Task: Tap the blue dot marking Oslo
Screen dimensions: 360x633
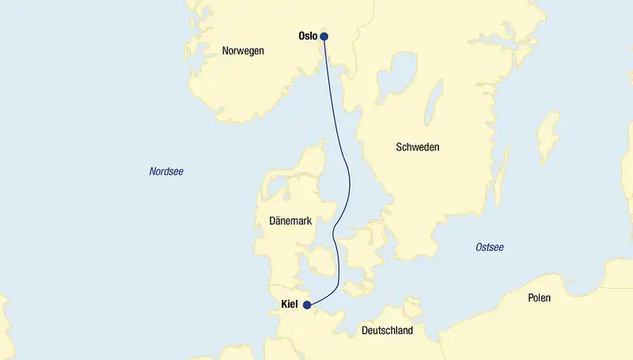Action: [x=324, y=36]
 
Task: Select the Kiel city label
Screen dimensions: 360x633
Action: [x=290, y=304]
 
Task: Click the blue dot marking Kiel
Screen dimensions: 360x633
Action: [x=307, y=304]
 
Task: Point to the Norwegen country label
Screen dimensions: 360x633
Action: [x=243, y=51]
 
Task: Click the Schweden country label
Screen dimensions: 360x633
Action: [x=417, y=147]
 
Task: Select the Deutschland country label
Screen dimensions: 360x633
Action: [x=386, y=330]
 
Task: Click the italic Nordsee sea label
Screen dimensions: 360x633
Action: [x=166, y=171]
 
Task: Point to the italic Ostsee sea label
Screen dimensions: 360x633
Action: [x=489, y=248]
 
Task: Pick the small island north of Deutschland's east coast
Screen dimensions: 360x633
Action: [x=411, y=305]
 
